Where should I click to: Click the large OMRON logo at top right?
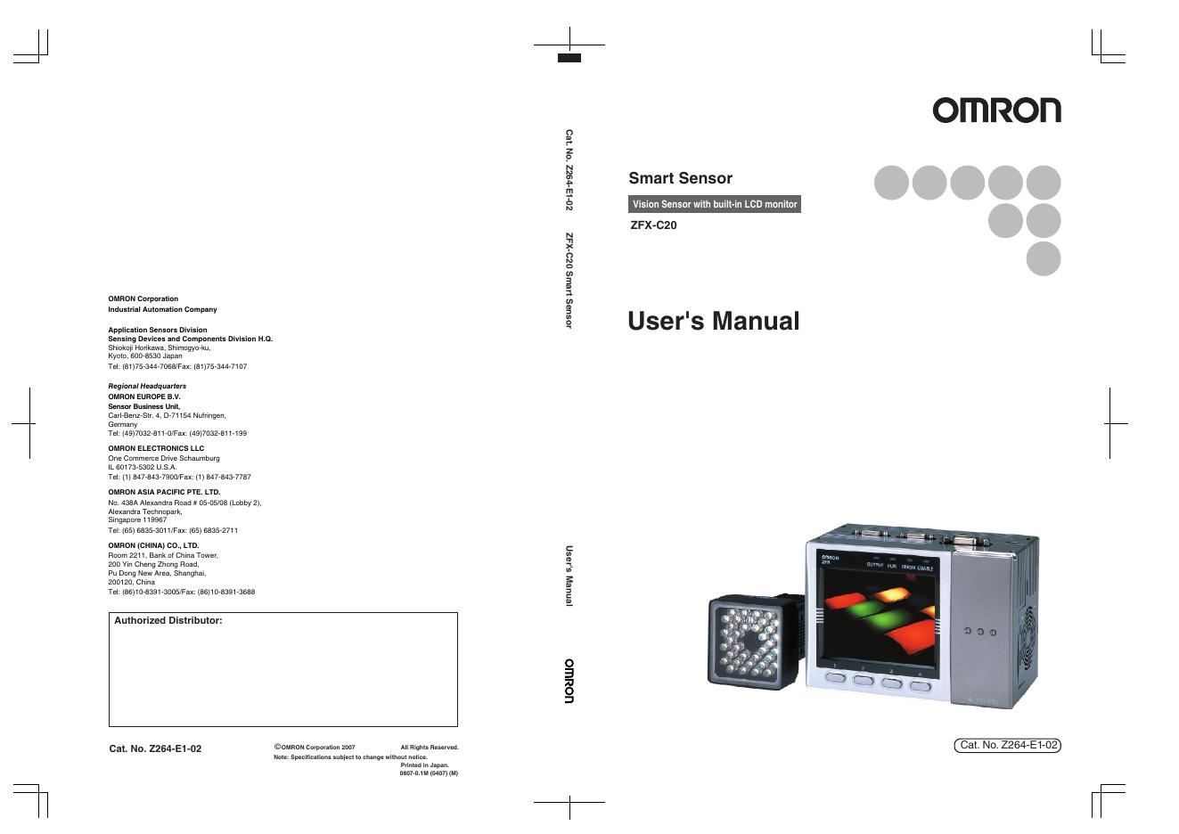(x=996, y=110)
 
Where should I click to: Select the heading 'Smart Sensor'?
(x=680, y=178)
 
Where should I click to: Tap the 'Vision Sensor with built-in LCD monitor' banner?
(x=714, y=204)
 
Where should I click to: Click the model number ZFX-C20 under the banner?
(x=653, y=225)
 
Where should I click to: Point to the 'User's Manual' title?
(x=713, y=321)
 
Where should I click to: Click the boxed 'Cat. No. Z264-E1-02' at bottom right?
(x=1008, y=745)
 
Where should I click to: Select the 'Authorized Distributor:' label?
(x=168, y=620)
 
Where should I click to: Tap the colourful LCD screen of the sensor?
(x=879, y=615)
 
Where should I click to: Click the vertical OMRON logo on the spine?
(x=569, y=681)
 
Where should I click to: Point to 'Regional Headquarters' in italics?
(x=147, y=386)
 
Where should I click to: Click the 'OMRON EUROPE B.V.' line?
(x=144, y=397)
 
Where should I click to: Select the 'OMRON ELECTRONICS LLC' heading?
(x=156, y=448)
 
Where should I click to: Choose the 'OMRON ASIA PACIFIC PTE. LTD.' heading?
(x=164, y=492)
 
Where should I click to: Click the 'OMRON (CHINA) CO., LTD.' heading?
(x=153, y=545)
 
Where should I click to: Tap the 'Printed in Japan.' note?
(x=424, y=764)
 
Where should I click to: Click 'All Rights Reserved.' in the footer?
(x=429, y=748)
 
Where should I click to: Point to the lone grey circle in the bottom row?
(x=1043, y=258)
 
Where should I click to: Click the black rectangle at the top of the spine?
(x=569, y=58)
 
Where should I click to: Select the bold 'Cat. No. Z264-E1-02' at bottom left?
(x=155, y=748)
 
